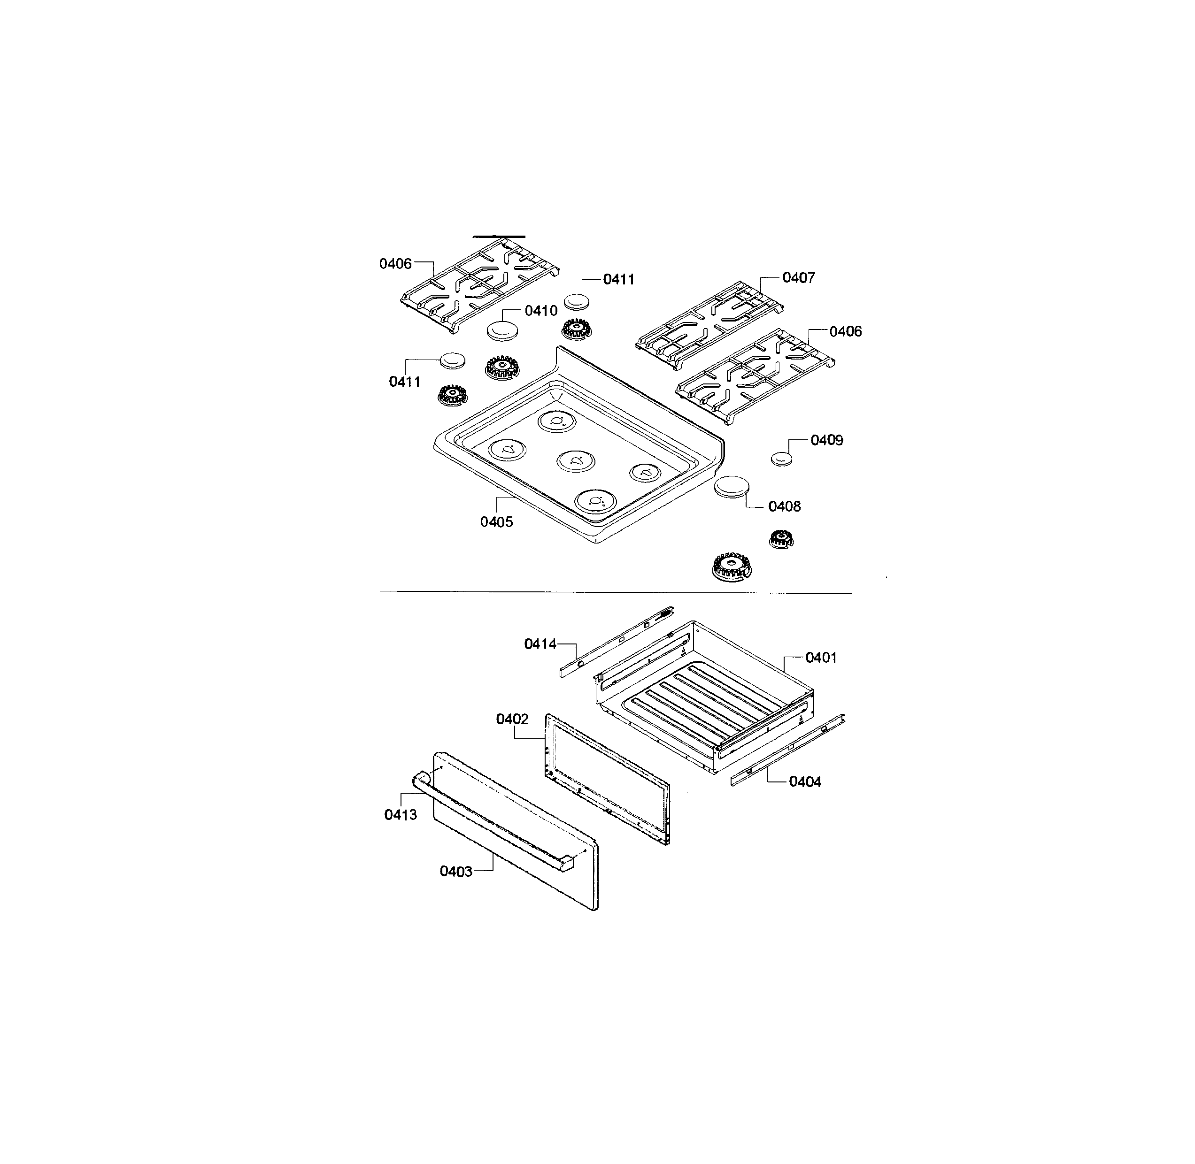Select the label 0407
[x=799, y=277]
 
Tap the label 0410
[x=541, y=311]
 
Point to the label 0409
[x=827, y=440]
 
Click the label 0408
[x=785, y=506]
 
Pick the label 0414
[x=540, y=644]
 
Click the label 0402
[x=512, y=719]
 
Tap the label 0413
[x=401, y=815]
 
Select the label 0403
[x=456, y=872]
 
